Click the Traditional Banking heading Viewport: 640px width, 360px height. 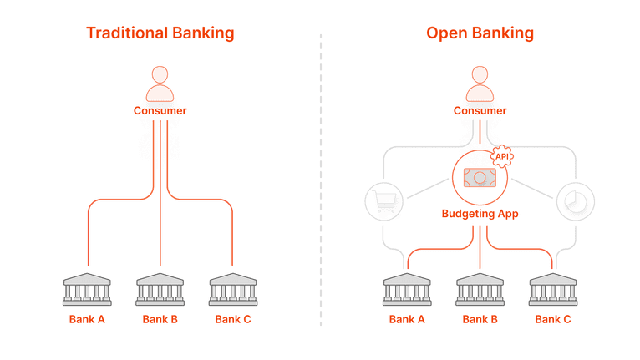click(x=160, y=33)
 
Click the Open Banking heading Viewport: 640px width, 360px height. click(x=480, y=33)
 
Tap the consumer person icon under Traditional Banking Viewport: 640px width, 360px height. click(x=160, y=83)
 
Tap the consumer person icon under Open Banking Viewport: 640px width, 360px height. click(x=480, y=83)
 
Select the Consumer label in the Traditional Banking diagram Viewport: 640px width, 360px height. click(x=160, y=110)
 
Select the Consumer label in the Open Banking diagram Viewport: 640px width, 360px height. click(x=480, y=110)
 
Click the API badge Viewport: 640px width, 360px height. click(x=501, y=155)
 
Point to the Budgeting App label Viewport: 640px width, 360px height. click(x=480, y=214)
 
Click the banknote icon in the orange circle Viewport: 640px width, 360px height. click(x=480, y=178)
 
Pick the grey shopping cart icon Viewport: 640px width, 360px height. click(x=385, y=201)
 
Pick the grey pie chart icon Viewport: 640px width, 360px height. click(x=575, y=201)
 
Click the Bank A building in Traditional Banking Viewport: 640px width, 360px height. click(x=88, y=288)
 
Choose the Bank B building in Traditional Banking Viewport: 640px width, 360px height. click(x=160, y=288)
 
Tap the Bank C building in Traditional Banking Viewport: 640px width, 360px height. click(x=232, y=288)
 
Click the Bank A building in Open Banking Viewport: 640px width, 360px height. click(x=408, y=288)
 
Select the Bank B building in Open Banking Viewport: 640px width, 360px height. click(x=480, y=288)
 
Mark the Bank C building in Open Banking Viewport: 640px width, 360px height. click(x=552, y=288)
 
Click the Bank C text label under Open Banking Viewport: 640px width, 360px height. click(x=552, y=319)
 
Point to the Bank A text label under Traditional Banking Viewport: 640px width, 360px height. click(x=88, y=319)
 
